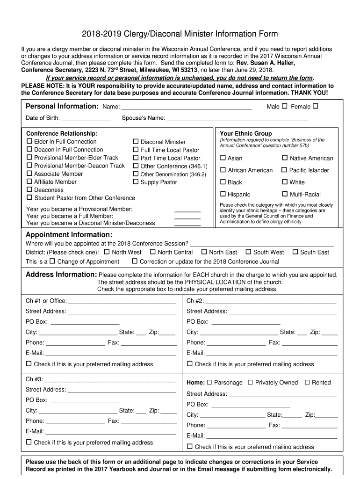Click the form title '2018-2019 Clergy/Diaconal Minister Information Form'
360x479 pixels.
tap(180, 34)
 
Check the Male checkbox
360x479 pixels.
tap(284, 106)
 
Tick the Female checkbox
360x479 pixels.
tap(315, 106)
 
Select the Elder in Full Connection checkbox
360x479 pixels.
tap(29, 141)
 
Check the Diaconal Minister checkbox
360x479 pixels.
tap(136, 141)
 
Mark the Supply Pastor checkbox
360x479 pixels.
tap(136, 182)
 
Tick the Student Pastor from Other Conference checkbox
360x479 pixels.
tap(29, 197)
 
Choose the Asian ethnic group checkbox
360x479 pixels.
tap(223, 158)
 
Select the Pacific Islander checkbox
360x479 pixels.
tap(284, 170)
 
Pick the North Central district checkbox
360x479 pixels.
tap(153, 252)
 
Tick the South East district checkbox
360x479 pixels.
tap(295, 252)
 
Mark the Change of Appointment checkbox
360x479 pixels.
tap(52, 261)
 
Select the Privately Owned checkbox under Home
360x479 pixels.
tap(250, 382)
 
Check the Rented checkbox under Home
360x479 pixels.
tap(307, 382)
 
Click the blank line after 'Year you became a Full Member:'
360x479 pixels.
tap(187, 217)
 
